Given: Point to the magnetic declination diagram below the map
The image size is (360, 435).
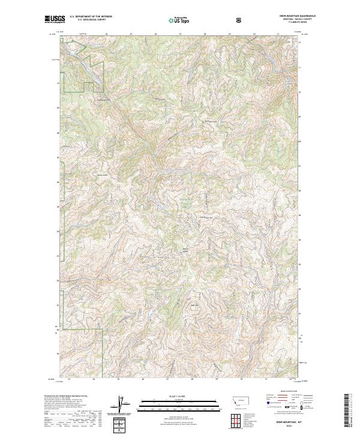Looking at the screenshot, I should [x=123, y=405].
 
